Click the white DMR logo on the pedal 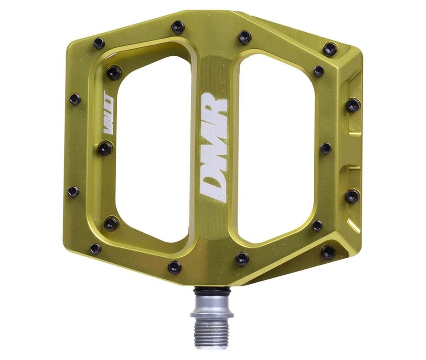pyautogui.click(x=214, y=147)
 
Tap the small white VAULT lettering pyautogui.click(x=109, y=114)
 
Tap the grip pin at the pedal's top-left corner pyautogui.click(x=99, y=43)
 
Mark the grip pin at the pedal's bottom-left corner pyautogui.click(x=95, y=249)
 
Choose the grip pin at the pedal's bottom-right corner pyautogui.click(x=328, y=251)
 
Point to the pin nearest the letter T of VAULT pyautogui.click(x=114, y=72)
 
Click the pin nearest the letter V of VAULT pyautogui.click(x=105, y=148)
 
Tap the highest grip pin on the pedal pyautogui.click(x=178, y=27)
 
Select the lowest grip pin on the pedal pyautogui.click(x=174, y=267)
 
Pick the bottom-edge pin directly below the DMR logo pyautogui.click(x=242, y=259)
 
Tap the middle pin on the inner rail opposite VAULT pyautogui.click(x=326, y=148)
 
